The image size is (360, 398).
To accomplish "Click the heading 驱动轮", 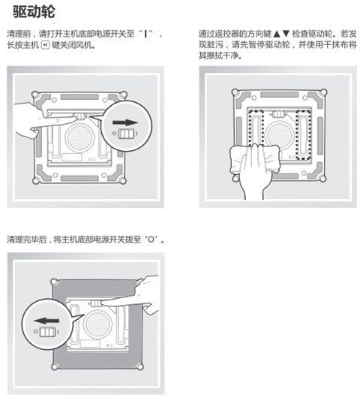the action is (x=34, y=11).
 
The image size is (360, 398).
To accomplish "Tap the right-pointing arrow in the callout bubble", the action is (x=125, y=122).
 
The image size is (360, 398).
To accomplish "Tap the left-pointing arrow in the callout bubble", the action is (x=46, y=321).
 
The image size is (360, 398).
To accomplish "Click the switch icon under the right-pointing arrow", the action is (x=126, y=134).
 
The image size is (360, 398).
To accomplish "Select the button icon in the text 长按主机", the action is (x=46, y=45).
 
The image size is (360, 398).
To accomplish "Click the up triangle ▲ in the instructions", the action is (x=277, y=34).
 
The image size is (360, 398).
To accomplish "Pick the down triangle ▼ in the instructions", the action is (x=286, y=34).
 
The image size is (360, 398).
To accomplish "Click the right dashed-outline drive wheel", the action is (x=304, y=134).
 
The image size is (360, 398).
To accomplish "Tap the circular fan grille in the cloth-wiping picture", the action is (x=280, y=135).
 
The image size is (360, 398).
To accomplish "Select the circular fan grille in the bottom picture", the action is (x=97, y=324).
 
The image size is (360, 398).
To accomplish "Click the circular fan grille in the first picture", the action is (x=79, y=137).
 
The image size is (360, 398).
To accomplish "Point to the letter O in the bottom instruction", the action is (x=151, y=240).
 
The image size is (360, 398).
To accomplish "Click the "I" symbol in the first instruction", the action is (x=145, y=34).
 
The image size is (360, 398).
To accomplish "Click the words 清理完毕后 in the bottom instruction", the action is (x=26, y=240).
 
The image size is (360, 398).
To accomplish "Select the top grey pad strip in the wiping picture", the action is (x=280, y=95).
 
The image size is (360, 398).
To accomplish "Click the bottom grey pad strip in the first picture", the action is (x=79, y=179).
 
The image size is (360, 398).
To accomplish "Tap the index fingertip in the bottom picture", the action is (x=105, y=303).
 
